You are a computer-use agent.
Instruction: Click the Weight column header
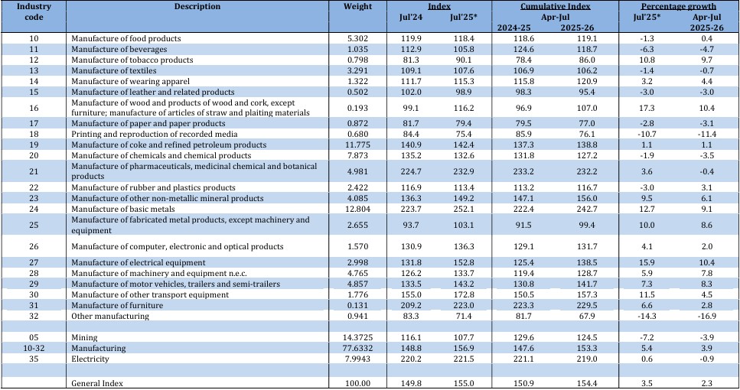[x=357, y=7]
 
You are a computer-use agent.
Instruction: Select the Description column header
[x=197, y=7]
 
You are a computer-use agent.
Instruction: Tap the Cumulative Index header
[x=556, y=7]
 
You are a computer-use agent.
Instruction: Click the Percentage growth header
[x=678, y=7]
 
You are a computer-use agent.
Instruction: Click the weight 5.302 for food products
[x=357, y=39]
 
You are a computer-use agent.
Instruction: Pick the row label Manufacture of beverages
[x=119, y=50]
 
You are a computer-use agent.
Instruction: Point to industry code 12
[x=34, y=60]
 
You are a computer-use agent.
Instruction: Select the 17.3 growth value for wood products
[x=647, y=108]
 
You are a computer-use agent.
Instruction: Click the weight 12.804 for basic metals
[x=357, y=209]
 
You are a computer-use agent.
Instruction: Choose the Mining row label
[x=84, y=338]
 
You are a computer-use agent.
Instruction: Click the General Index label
[x=96, y=383]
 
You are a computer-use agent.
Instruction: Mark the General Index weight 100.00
[x=357, y=383]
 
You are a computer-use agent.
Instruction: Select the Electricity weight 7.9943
[x=357, y=359]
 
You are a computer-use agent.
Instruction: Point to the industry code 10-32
[x=34, y=348]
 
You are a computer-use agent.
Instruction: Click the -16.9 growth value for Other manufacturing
[x=706, y=316]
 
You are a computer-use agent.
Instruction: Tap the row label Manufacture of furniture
[x=117, y=306]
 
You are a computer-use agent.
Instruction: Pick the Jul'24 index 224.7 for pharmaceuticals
[x=411, y=171]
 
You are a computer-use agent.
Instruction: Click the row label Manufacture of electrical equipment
[x=139, y=262]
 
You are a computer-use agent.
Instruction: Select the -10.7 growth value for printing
[x=647, y=135]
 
